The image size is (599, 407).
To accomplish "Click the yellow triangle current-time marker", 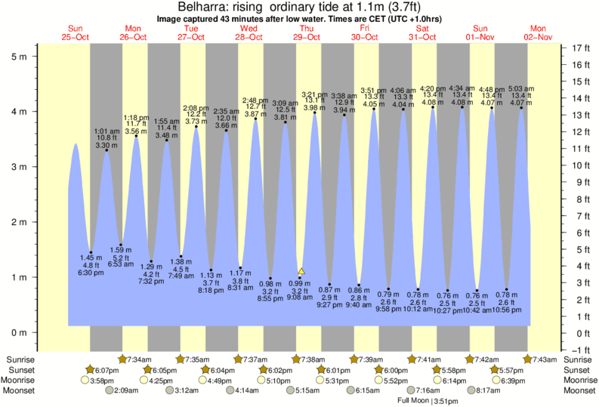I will pos(301,271).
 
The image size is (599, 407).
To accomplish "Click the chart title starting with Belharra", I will pos(299,6).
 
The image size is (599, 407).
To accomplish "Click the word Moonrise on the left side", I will pos(23,381).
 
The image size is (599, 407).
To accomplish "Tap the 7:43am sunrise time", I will pos(546,359).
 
